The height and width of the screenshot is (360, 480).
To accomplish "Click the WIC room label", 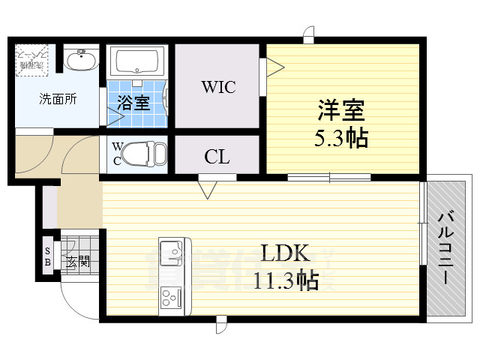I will pyautogui.click(x=217, y=87).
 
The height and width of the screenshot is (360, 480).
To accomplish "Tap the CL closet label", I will pyautogui.click(x=217, y=157).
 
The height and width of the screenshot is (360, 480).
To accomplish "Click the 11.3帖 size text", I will pyautogui.click(x=286, y=280).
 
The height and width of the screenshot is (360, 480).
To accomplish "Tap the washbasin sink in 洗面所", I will pyautogui.click(x=79, y=59).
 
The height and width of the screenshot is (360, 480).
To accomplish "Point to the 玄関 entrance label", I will pyautogui.click(x=77, y=262).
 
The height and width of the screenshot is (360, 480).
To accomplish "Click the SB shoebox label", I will pyautogui.click(x=48, y=256).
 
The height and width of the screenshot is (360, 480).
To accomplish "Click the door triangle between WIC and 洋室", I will pyautogui.click(x=274, y=67).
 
